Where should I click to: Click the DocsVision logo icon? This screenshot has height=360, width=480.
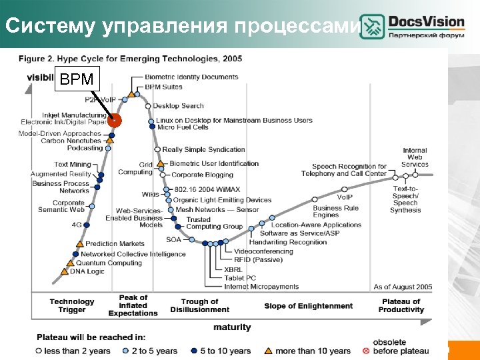click(372, 27)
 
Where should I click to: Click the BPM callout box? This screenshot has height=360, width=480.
click(77, 79)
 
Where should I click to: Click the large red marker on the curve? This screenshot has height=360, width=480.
click(115, 121)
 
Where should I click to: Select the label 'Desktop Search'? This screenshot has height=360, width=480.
click(179, 106)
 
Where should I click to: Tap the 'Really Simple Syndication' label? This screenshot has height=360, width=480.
click(204, 149)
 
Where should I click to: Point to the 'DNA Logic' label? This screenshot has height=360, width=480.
click(87, 271)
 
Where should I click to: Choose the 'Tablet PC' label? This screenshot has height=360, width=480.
click(240, 278)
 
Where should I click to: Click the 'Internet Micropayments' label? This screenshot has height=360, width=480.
click(261, 287)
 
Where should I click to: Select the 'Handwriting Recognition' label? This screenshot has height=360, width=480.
click(293, 242)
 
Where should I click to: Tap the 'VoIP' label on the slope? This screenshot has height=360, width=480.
click(345, 197)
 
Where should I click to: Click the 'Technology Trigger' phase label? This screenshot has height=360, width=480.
click(72, 306)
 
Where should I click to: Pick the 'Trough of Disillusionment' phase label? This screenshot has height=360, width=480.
click(199, 306)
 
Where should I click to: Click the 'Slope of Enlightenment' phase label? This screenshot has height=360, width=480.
click(309, 306)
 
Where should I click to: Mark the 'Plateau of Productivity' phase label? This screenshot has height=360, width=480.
click(401, 306)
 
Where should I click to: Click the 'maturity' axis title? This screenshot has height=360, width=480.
click(233, 327)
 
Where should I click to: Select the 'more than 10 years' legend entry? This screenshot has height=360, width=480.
click(312, 351)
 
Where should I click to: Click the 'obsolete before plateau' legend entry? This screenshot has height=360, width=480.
click(410, 347)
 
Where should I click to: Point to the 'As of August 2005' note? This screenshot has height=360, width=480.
click(403, 287)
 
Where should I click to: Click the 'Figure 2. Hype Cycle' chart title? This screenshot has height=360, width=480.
click(130, 59)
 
